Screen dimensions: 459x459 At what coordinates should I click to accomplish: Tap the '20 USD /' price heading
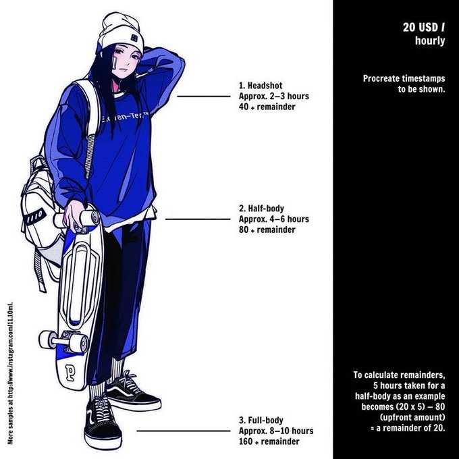pos(424,28)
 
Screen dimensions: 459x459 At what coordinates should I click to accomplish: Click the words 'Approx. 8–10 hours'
pos(276,431)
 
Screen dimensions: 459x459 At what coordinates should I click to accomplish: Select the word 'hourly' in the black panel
pos(430,41)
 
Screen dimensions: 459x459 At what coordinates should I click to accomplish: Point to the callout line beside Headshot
pos(203,97)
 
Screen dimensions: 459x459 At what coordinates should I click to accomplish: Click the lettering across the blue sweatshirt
pos(125,119)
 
